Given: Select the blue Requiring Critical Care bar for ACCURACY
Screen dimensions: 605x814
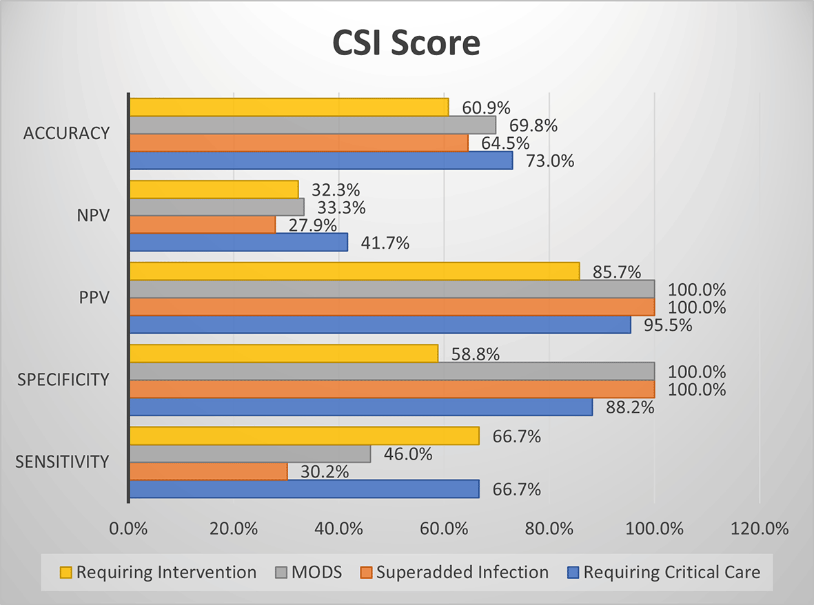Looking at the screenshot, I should [321, 161].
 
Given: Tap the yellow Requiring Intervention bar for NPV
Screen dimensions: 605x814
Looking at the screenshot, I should [214, 189].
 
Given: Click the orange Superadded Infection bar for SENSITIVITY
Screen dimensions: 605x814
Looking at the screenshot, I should [208, 471].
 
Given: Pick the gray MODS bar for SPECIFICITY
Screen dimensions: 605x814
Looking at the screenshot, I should [391, 371].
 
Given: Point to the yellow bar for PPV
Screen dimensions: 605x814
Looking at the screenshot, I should [354, 271].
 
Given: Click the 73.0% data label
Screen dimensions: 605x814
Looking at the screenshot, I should [551, 161].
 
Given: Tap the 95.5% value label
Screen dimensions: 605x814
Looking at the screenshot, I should [669, 325].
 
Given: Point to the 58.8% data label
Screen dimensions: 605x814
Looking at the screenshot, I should [476, 355].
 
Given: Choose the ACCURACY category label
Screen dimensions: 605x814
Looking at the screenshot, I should [66, 134].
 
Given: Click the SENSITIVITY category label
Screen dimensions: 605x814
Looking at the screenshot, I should [63, 462].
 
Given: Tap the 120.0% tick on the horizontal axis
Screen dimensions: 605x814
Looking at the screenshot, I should [759, 529].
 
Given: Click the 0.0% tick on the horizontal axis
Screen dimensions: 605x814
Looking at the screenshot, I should [129, 529].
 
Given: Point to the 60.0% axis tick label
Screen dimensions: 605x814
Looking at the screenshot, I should [444, 529].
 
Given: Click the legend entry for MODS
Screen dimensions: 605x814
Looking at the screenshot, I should [308, 572].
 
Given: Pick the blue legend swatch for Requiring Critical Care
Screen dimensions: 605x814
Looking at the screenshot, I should [572, 572].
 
